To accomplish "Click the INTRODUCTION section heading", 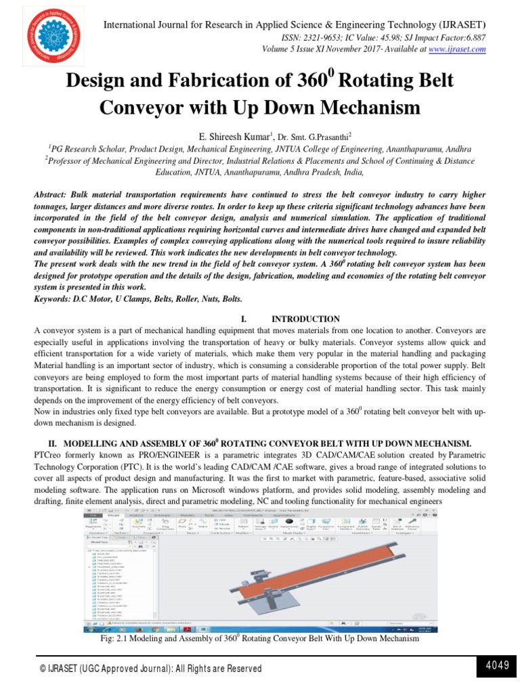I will click(x=305, y=319).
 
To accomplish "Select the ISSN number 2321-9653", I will click(x=330, y=38).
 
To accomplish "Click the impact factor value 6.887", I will click(x=473, y=38).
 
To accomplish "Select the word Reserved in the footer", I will click(x=238, y=669).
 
